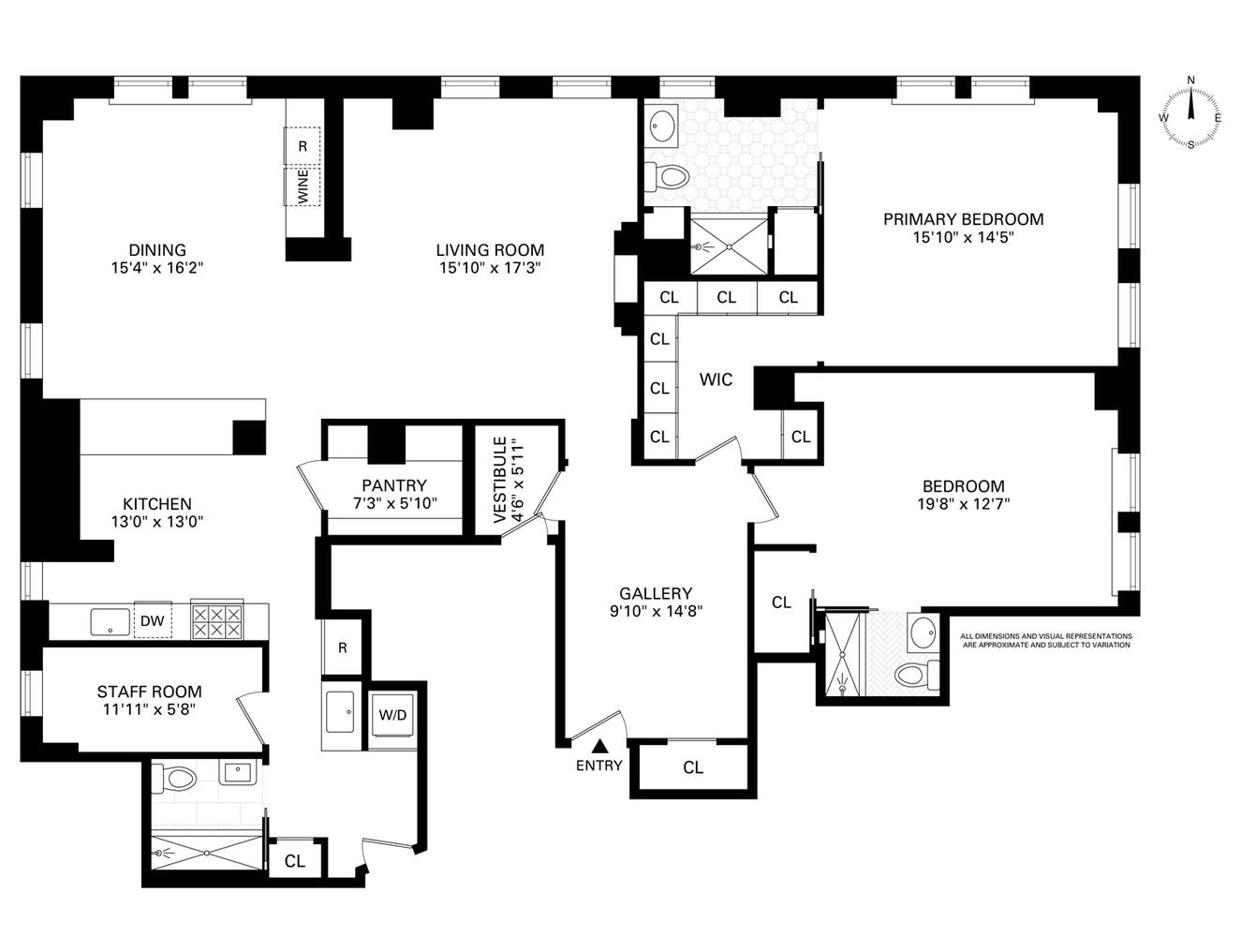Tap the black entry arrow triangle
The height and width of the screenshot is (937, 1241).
coord(599,746)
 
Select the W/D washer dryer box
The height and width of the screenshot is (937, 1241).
coord(392,715)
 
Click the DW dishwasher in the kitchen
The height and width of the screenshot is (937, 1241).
coord(153,620)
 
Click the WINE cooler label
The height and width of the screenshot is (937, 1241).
coord(303,187)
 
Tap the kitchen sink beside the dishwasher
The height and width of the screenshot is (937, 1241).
coord(111,620)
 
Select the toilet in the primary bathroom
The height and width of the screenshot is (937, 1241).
coord(667,176)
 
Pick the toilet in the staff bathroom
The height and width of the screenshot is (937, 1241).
coord(177,777)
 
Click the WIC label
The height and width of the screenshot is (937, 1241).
coord(716,379)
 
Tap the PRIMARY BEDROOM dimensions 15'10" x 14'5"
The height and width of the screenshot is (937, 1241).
coord(963,238)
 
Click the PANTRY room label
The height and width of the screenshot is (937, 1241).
coord(393,485)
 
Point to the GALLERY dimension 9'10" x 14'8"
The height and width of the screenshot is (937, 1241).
coord(655,610)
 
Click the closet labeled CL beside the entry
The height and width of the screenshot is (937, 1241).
coord(692,768)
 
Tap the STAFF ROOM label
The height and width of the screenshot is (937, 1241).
coord(149,692)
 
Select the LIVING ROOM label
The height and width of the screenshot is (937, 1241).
coord(490,250)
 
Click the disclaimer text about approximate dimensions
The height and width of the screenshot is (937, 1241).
coord(1046,641)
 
